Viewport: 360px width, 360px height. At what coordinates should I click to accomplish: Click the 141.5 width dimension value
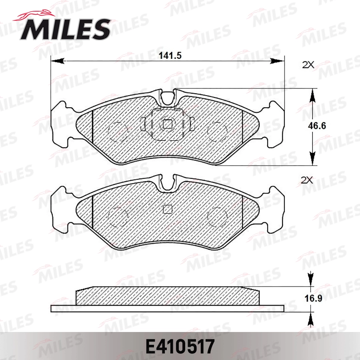click(170, 56)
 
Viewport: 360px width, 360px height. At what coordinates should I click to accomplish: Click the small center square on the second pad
click(168, 209)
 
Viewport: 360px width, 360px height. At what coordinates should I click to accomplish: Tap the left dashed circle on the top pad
click(118, 130)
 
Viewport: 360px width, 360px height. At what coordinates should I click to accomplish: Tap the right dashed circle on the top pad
click(218, 130)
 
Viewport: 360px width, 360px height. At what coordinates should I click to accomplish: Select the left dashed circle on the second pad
click(118, 216)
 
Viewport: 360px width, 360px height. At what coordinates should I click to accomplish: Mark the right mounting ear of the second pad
click(275, 210)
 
